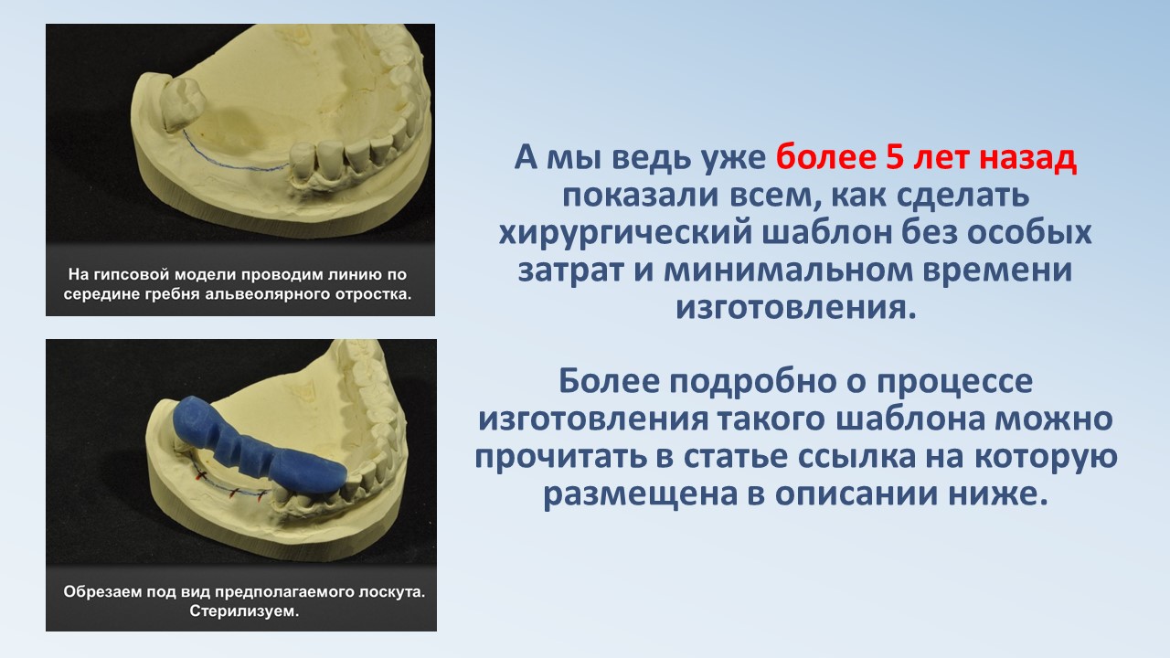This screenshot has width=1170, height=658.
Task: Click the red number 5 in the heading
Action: click(895, 158)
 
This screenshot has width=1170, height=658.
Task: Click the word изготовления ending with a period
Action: click(796, 307)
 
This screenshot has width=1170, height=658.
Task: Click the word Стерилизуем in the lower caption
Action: click(244, 611)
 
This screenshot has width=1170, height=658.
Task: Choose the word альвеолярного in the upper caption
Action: click(260, 294)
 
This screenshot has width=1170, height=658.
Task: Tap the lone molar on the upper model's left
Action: click(182, 103)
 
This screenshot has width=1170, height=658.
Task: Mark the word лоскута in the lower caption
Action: click(392, 592)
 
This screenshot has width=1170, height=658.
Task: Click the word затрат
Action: click(571, 271)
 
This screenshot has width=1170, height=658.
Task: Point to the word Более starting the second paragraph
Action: click(609, 381)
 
